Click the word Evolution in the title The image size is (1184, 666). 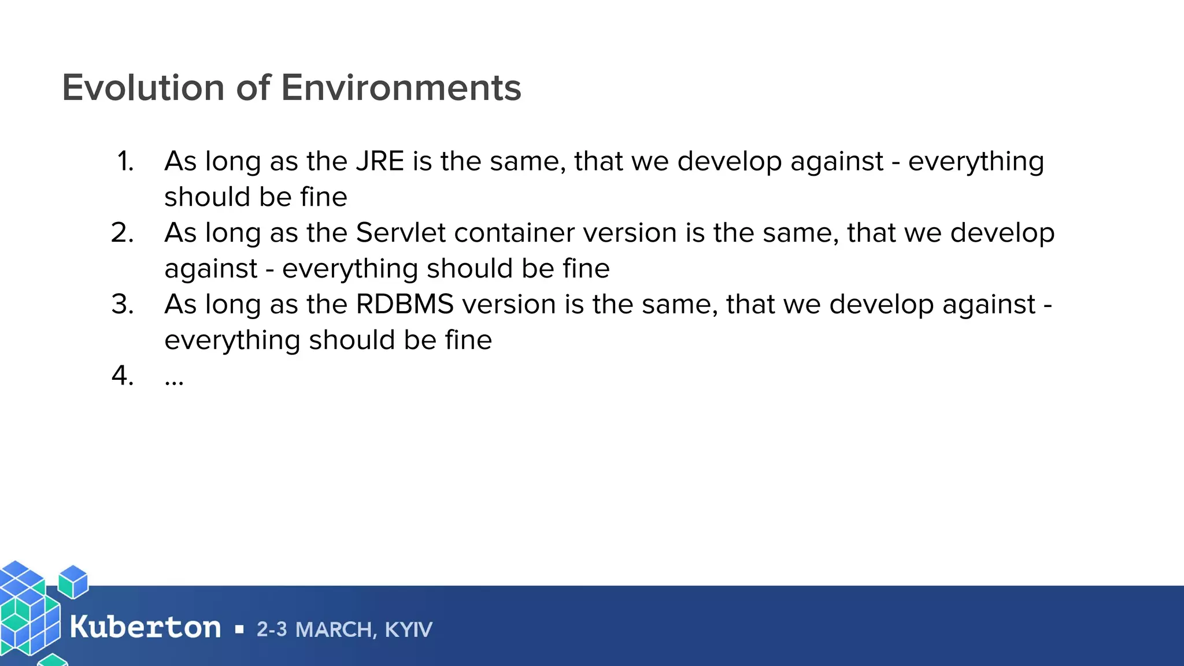143,88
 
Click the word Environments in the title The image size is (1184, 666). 401,88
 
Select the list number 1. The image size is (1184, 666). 125,161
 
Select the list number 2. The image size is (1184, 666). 123,233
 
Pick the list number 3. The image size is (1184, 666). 123,305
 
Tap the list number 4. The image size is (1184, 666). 123,376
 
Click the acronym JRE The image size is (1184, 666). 380,161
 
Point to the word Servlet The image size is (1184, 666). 401,233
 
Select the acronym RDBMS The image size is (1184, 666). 405,305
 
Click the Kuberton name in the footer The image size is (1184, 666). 145,628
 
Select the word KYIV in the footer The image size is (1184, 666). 408,630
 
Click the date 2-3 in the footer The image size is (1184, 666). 271,630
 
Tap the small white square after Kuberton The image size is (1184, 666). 239,630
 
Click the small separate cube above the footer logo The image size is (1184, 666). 73,581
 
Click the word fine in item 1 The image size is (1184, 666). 324,197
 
